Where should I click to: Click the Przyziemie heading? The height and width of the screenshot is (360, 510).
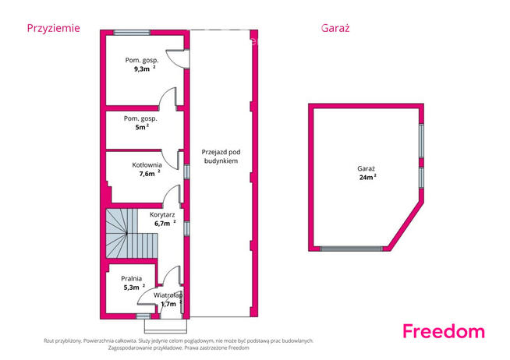point(53,28)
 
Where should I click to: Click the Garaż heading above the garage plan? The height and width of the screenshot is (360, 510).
point(335,28)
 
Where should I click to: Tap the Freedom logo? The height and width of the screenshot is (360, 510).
point(444,331)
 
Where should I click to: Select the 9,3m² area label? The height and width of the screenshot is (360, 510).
point(145,69)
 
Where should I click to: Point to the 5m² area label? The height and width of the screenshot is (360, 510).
point(142,127)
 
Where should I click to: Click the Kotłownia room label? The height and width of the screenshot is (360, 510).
point(147,164)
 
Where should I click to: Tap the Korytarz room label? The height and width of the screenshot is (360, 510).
point(162,214)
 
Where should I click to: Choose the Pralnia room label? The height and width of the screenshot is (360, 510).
point(132,278)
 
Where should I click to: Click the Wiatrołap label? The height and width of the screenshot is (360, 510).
point(168,295)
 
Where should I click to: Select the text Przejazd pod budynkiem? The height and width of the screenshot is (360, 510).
point(221,157)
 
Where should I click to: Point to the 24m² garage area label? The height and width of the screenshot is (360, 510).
point(368,177)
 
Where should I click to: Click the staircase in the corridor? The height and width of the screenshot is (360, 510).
point(132,234)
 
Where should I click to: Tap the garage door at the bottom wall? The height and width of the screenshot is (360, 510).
point(351,249)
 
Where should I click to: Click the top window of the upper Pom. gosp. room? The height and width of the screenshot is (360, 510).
point(132,33)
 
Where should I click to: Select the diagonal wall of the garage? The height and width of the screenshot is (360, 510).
point(406,225)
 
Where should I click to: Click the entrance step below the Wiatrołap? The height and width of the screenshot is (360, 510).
point(165,326)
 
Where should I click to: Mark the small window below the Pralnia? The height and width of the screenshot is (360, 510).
point(143,316)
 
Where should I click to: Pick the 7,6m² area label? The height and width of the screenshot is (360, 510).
point(150,174)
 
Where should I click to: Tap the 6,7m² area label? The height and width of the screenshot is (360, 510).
point(165,223)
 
